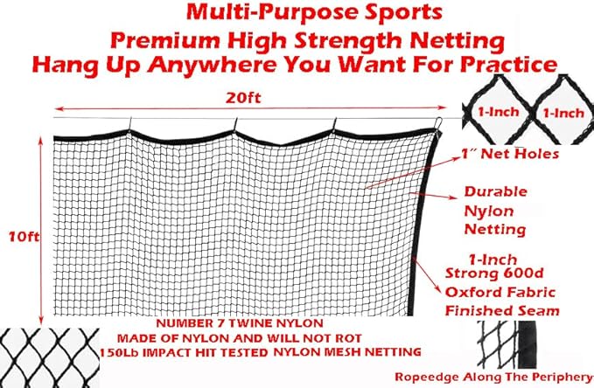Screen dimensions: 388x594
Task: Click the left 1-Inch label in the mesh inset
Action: click(x=497, y=113)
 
